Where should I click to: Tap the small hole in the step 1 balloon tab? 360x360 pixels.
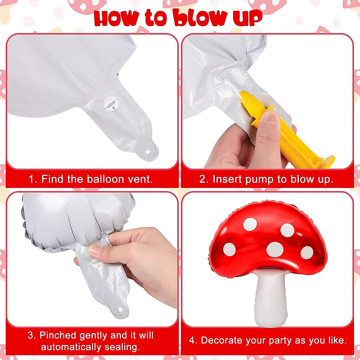click(147, 152)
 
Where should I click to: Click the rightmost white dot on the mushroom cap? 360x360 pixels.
click(307, 252)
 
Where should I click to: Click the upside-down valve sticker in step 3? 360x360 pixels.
click(96, 264)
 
